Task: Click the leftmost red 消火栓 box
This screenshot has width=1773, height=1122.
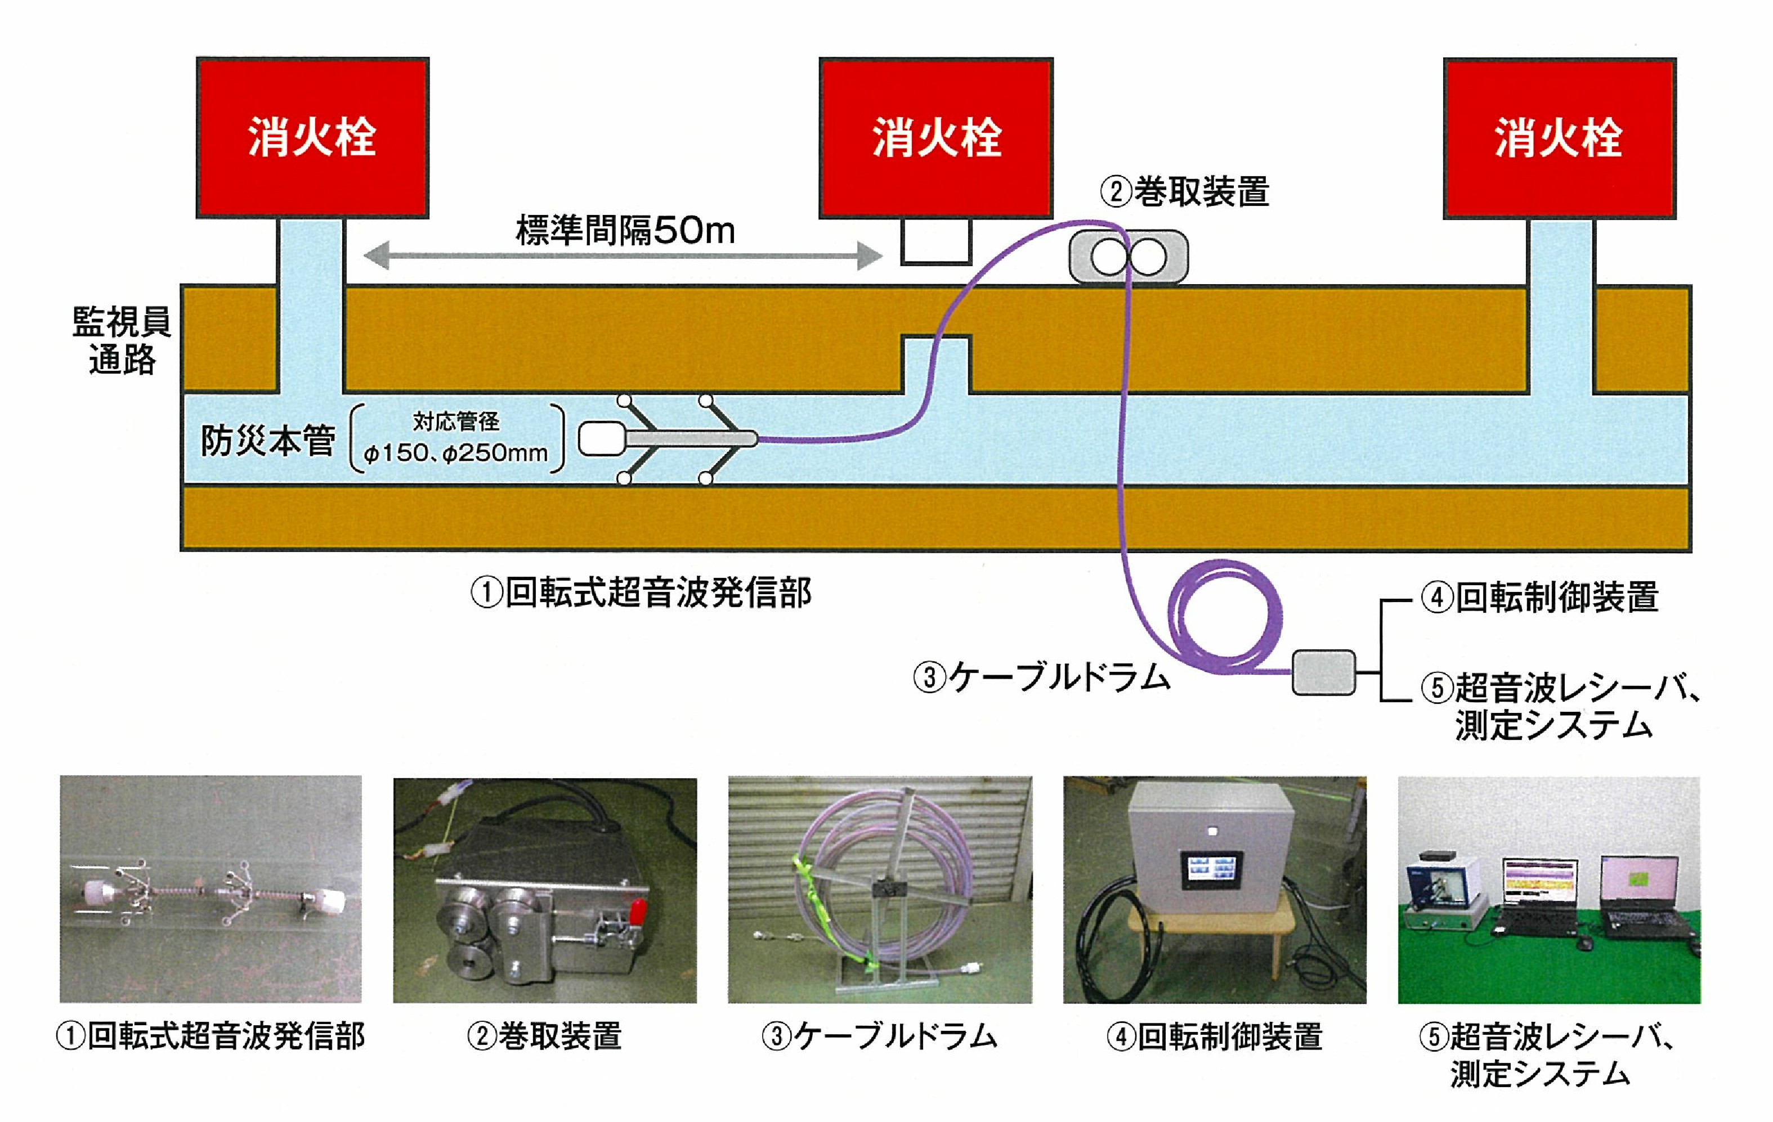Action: tap(312, 138)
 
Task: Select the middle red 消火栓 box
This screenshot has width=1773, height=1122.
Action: tap(936, 138)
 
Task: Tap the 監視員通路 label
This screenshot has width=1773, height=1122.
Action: tap(122, 340)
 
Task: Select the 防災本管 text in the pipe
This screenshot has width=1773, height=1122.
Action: tap(268, 440)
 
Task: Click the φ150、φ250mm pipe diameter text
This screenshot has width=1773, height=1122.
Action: tap(456, 452)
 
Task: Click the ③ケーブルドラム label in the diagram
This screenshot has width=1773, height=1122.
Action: tap(1041, 676)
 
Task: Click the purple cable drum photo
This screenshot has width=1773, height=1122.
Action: tap(880, 890)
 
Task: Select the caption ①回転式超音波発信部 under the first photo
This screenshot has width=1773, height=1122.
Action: tap(211, 1036)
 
